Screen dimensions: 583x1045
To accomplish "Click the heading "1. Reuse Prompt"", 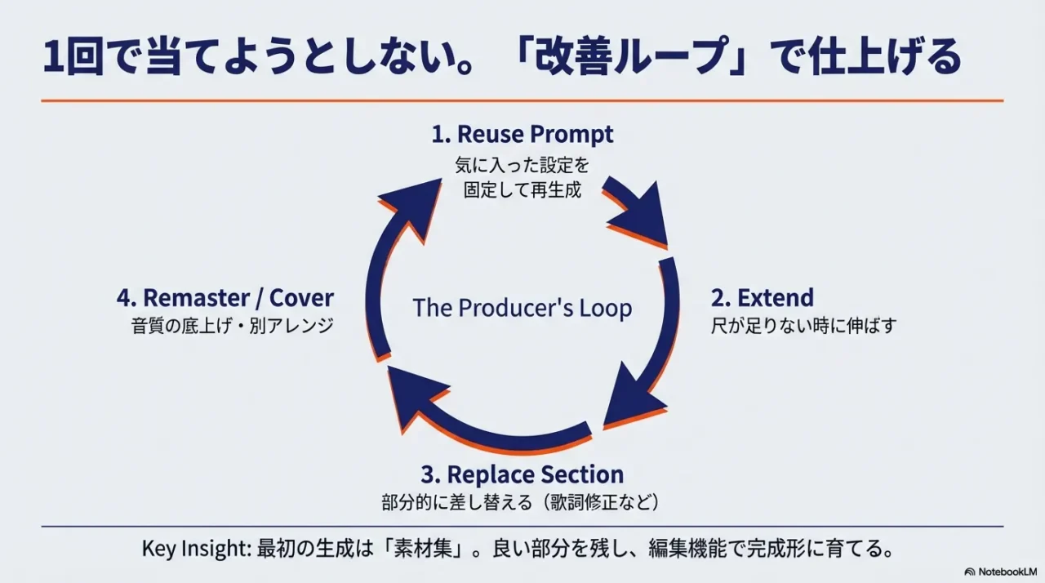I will point(522,134).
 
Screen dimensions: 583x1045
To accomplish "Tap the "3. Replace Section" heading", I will point(522,474).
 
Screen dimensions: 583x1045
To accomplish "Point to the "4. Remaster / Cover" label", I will point(225,297).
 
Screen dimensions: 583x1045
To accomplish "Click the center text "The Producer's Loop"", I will point(522,308).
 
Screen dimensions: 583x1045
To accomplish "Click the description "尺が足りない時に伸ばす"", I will point(804,325).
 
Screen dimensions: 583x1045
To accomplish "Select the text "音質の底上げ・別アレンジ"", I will point(233,325).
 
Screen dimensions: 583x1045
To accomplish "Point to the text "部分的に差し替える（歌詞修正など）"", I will point(520,501).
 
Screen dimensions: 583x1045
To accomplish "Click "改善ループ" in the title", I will point(625,59).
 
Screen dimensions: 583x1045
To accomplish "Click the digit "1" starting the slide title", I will point(52,59).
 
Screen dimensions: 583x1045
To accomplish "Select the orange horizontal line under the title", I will point(522,100).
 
